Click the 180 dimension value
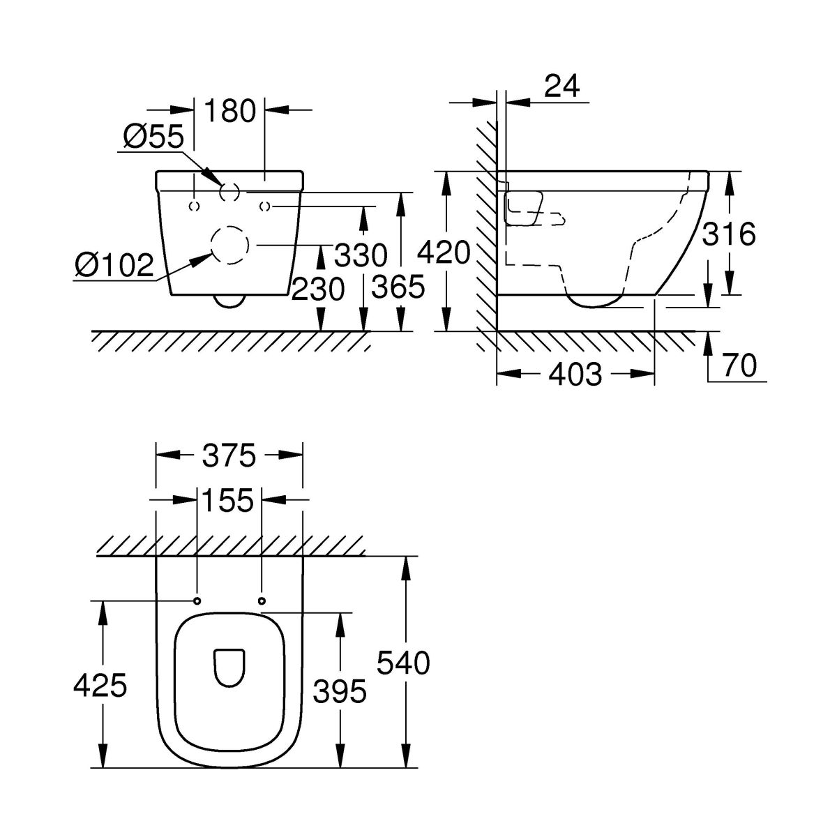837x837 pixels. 230,110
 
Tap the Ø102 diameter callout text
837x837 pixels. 114,265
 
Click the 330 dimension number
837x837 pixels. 360,255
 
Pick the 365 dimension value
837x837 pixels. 398,287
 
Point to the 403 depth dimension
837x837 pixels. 575,375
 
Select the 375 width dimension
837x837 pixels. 229,456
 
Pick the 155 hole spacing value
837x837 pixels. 229,499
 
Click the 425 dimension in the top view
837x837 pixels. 100,686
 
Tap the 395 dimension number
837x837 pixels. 340,691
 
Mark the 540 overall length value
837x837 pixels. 403,663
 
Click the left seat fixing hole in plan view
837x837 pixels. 197,601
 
